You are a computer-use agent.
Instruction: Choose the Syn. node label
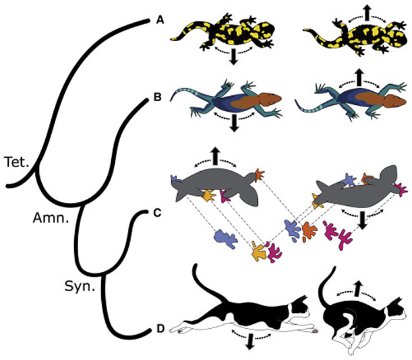(77, 286)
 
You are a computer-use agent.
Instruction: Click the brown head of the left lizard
(273, 96)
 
